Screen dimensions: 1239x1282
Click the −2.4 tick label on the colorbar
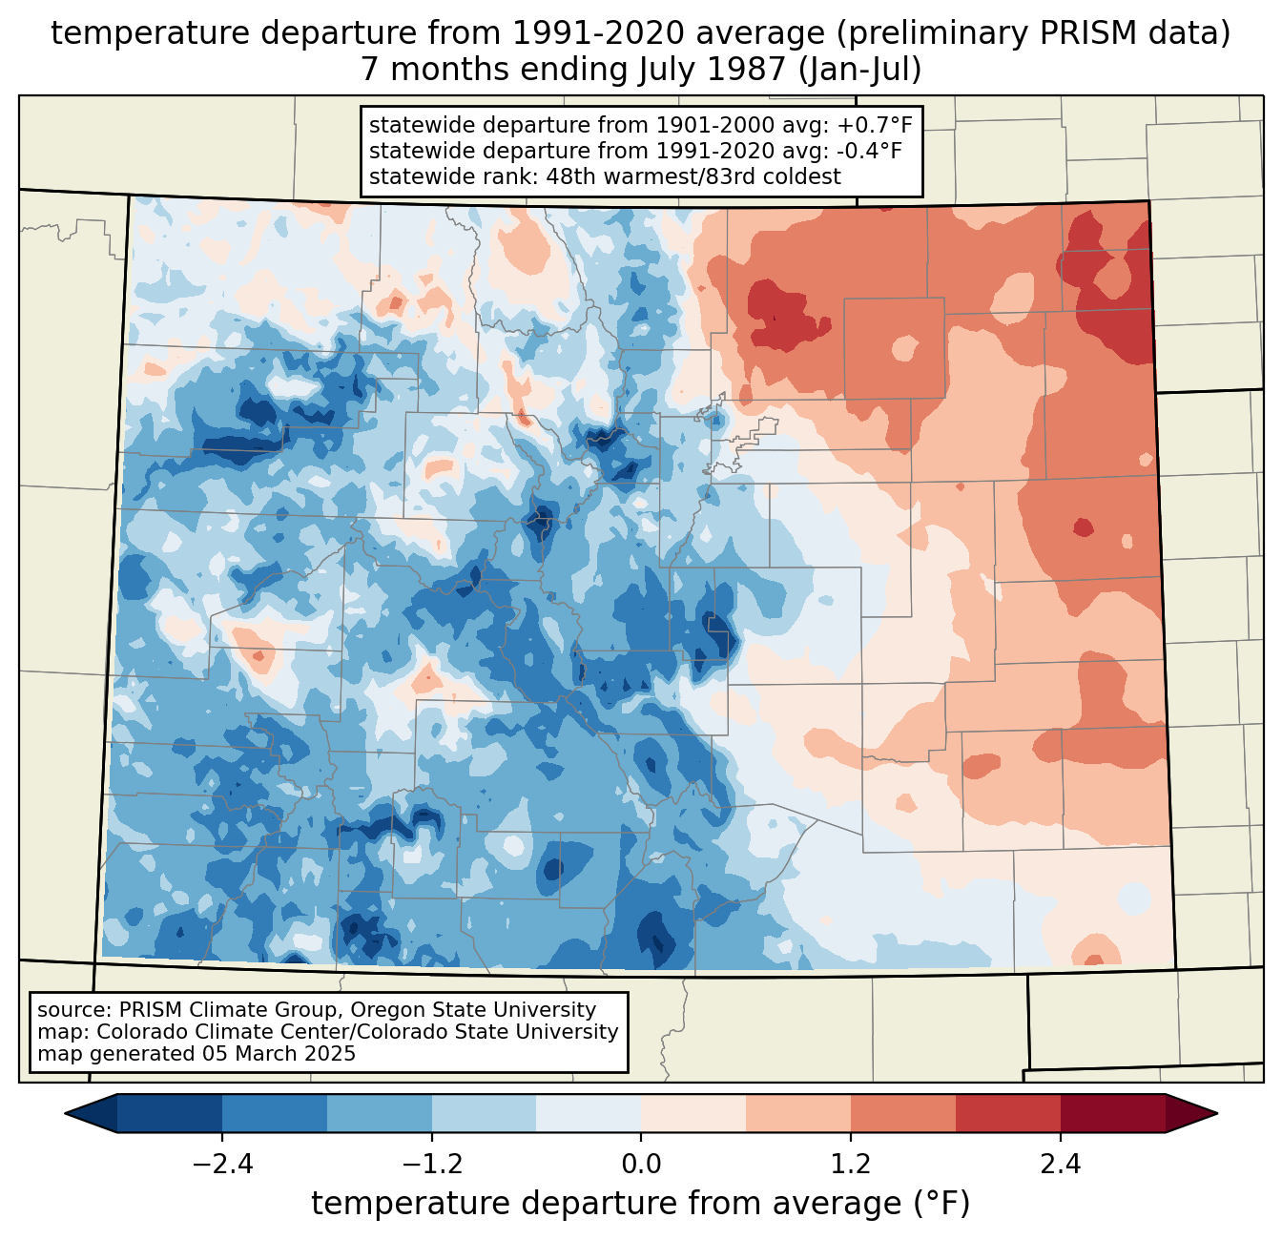coord(221,1165)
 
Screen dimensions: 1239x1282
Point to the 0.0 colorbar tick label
coord(641,1165)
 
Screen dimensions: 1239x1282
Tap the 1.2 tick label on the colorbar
coord(851,1165)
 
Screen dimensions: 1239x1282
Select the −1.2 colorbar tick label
coord(431,1165)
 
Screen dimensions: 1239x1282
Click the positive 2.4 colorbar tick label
coord(1060,1165)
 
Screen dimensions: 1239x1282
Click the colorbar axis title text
coord(640,1204)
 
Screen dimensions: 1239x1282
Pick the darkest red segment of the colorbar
coord(1112,1113)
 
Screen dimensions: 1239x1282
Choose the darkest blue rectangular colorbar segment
coord(170,1113)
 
